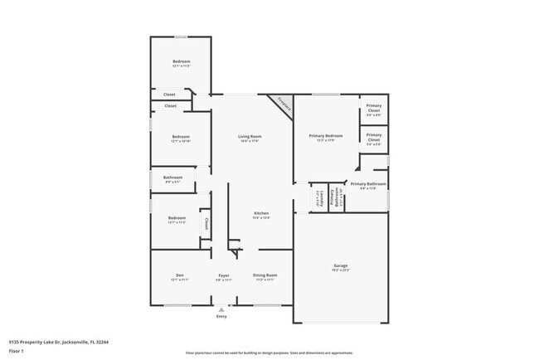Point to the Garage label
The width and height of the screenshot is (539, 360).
click(x=340, y=265)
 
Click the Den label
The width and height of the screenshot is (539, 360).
click(x=179, y=275)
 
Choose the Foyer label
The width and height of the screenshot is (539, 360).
click(x=224, y=275)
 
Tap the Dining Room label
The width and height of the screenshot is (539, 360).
click(x=265, y=275)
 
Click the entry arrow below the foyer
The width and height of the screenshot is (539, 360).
click(x=221, y=309)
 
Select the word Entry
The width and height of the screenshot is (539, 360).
click(x=221, y=317)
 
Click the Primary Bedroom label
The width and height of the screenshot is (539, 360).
click(x=326, y=135)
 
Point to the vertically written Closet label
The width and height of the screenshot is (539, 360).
click(x=206, y=222)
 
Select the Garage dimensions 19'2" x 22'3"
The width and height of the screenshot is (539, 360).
click(x=340, y=270)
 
